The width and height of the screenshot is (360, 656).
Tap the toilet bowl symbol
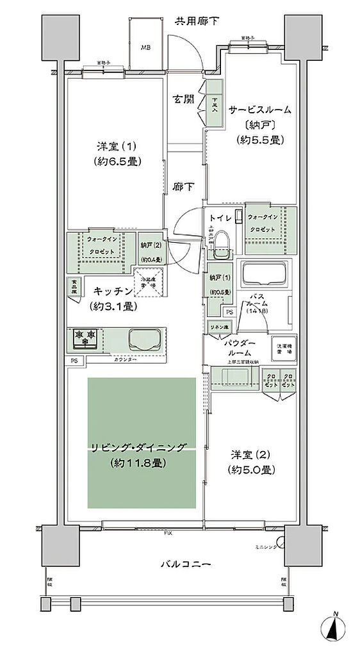(x=220, y=242)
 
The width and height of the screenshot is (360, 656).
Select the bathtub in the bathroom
(x=264, y=275)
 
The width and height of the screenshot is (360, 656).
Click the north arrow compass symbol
(x=335, y=631)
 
